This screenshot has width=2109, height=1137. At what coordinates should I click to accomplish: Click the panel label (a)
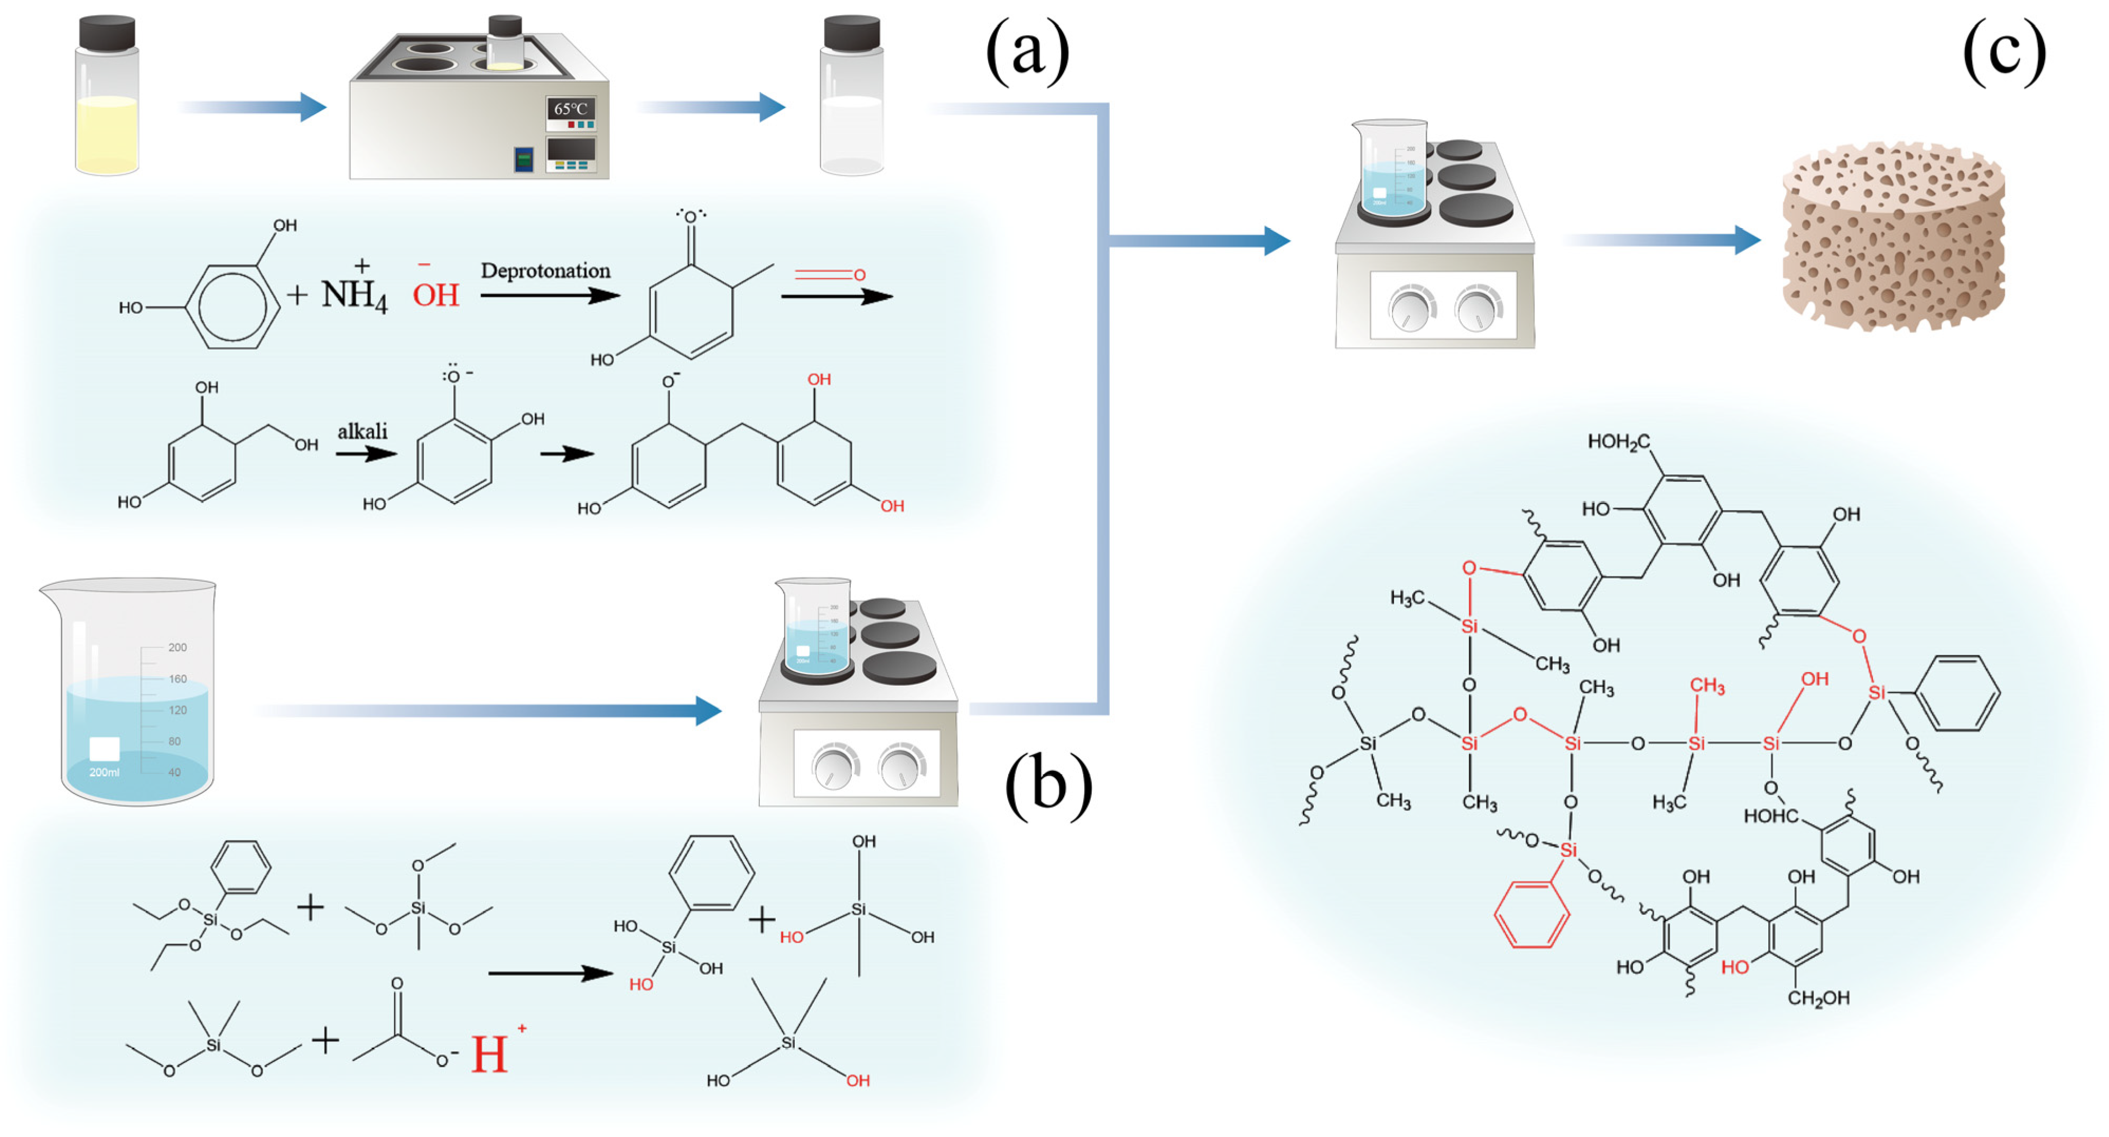(1027, 52)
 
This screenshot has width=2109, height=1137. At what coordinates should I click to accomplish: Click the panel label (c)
(2003, 52)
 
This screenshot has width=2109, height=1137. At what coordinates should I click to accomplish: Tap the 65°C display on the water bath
(571, 109)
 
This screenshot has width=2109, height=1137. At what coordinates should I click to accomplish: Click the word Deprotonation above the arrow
(545, 271)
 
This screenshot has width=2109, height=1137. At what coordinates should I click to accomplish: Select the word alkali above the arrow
(362, 431)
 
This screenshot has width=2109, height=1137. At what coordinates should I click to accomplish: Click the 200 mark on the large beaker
(177, 648)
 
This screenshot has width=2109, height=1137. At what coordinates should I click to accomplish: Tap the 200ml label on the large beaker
(104, 772)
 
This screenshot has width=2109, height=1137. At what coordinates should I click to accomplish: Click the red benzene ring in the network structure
(1531, 915)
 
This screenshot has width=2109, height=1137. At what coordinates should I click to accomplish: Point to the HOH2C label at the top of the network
(1618, 442)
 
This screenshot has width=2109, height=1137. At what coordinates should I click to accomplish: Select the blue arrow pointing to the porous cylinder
(1662, 240)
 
